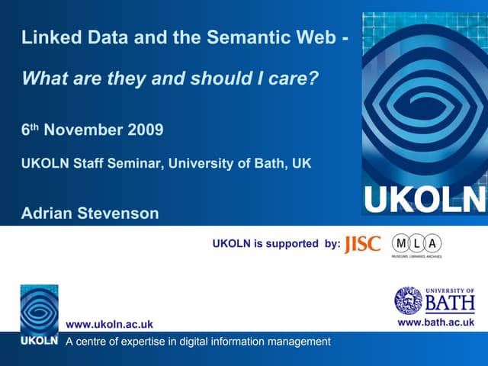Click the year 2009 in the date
pyautogui.click(x=146, y=130)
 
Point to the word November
pyautogui.click(x=80, y=130)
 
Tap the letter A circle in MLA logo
pyautogui.click(x=432, y=243)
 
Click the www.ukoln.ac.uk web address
pyautogui.click(x=110, y=325)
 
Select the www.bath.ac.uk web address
pyautogui.click(x=438, y=323)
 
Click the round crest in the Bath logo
pyautogui.click(x=408, y=300)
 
